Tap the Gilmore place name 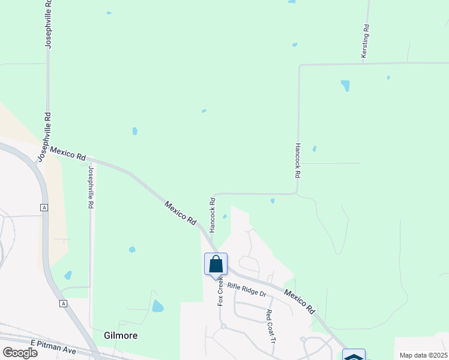pyautogui.click(x=121, y=335)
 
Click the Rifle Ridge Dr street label pyautogui.click(x=246, y=290)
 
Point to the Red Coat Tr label pyautogui.click(x=270, y=326)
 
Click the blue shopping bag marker pyautogui.click(x=216, y=265)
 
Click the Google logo pyautogui.click(x=20, y=353)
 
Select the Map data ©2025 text pyautogui.click(x=423, y=355)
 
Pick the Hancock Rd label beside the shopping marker pyautogui.click(x=212, y=214)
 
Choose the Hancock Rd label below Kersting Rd pyautogui.click(x=297, y=160)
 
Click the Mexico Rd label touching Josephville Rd pyautogui.click(x=68, y=153)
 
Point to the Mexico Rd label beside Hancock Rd pyautogui.click(x=181, y=212)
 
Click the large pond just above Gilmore pyautogui.click(x=157, y=306)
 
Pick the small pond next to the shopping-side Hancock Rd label pyautogui.click(x=224, y=217)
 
